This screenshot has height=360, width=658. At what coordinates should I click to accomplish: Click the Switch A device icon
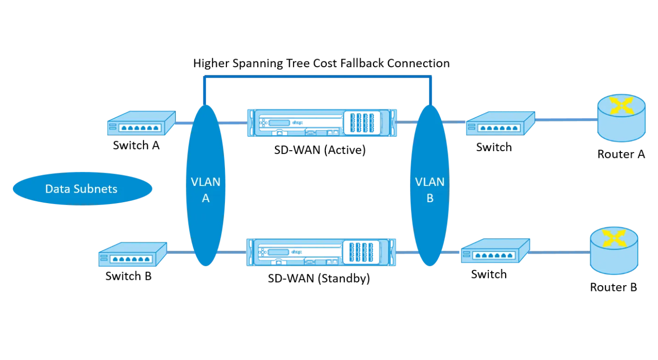(142, 123)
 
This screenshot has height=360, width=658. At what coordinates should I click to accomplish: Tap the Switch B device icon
(133, 255)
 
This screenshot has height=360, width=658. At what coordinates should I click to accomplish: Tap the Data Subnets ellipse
(82, 189)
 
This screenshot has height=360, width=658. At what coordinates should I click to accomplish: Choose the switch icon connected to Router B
(496, 251)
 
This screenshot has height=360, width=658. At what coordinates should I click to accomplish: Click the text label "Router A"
(621, 154)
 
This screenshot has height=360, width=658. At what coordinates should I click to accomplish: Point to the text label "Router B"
(613, 287)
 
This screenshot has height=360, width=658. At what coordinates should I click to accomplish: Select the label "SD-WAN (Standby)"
(319, 278)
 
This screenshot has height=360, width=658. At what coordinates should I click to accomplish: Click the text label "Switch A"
(136, 145)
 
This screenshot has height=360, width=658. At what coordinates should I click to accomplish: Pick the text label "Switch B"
(129, 276)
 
